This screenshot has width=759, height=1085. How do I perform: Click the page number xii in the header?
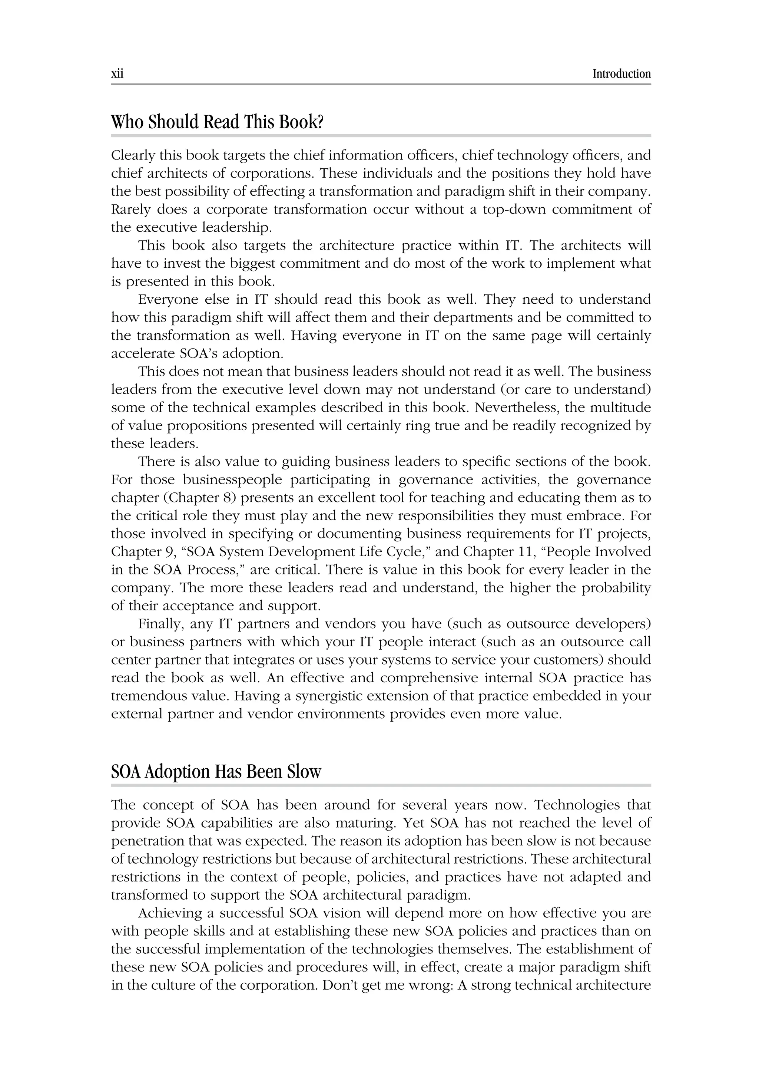tap(117, 74)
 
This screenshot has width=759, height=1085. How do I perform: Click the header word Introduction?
tap(621, 74)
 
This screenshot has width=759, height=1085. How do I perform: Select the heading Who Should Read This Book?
tap(217, 122)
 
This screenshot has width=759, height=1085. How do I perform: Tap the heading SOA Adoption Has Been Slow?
tap(216, 772)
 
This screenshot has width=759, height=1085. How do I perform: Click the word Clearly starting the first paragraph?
tap(133, 155)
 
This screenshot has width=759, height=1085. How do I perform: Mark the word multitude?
tap(621, 408)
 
